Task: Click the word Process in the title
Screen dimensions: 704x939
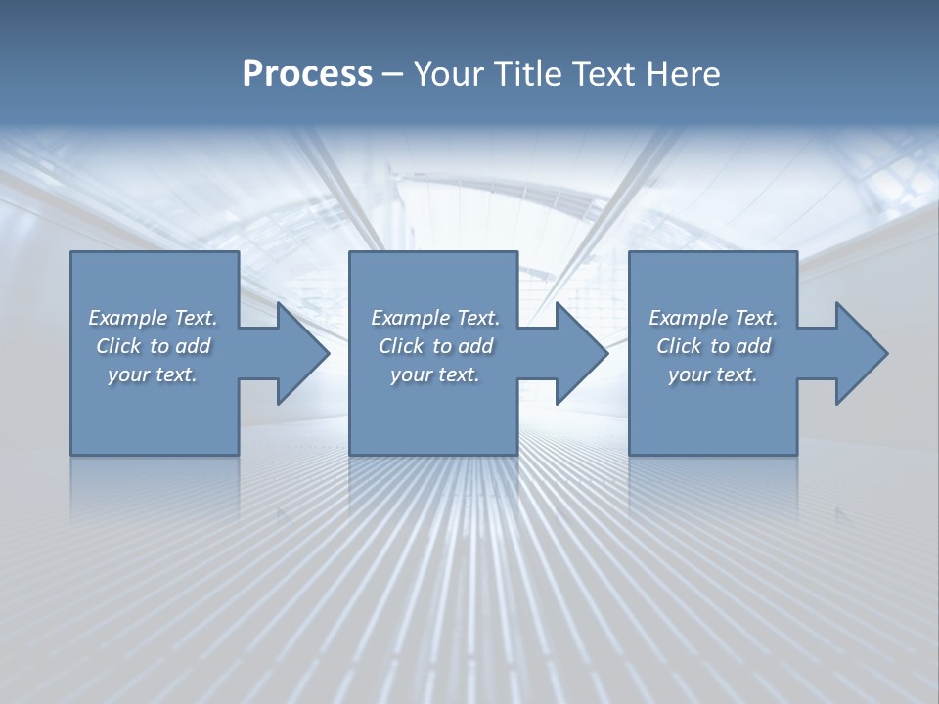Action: tap(307, 74)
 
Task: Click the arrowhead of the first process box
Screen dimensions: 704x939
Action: tap(303, 353)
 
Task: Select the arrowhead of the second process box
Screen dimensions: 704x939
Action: tap(582, 353)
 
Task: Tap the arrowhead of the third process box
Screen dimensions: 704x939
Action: tap(861, 353)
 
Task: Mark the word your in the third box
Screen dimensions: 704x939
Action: tap(689, 374)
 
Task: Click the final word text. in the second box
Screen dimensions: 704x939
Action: tap(458, 374)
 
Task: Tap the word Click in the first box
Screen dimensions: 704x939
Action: tap(118, 346)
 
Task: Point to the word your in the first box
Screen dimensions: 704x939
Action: tap(128, 374)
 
